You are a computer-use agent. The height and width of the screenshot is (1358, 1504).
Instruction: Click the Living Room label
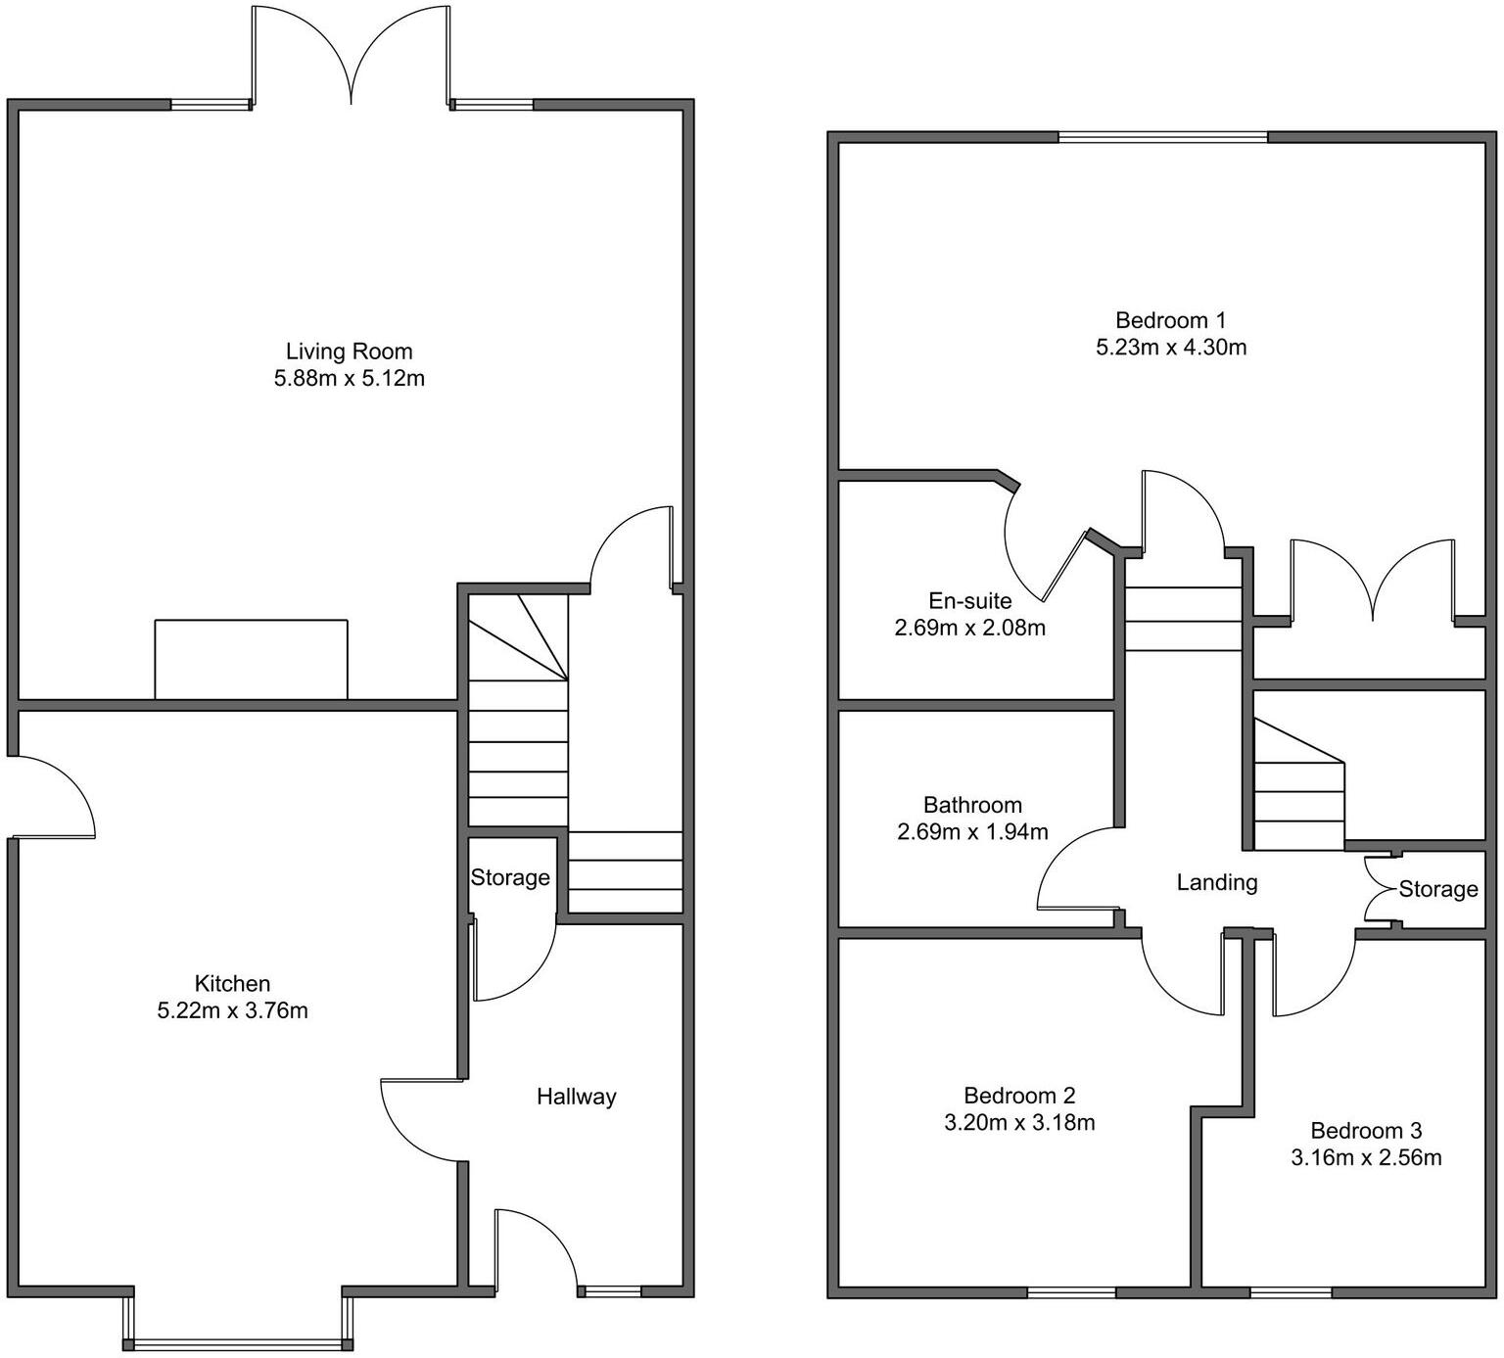(349, 351)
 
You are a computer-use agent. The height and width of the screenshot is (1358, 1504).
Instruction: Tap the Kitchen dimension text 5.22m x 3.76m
(232, 1010)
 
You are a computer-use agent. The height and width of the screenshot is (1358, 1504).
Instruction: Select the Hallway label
(576, 1097)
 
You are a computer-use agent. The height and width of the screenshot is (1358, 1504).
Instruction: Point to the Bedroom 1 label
(1170, 320)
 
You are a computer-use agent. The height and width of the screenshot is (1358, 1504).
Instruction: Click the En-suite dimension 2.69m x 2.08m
(969, 628)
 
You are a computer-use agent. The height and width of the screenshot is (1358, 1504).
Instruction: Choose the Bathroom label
(972, 805)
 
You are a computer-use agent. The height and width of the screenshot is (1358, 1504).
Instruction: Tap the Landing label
(1216, 882)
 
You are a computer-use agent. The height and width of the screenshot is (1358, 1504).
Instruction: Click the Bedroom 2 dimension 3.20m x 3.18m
(1018, 1122)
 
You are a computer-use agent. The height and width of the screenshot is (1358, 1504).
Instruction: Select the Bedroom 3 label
(1366, 1131)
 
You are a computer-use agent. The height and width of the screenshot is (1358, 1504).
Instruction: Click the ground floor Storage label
(510, 877)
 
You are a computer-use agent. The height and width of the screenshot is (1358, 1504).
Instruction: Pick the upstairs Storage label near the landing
(1437, 889)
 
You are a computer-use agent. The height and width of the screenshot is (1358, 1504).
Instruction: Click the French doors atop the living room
(352, 59)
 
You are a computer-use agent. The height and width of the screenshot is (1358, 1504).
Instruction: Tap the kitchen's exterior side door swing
(54, 798)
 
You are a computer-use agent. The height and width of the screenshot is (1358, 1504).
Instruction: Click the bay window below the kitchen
(236, 1340)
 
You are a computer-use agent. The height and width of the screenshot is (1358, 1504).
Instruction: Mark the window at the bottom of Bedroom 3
(1291, 1293)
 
